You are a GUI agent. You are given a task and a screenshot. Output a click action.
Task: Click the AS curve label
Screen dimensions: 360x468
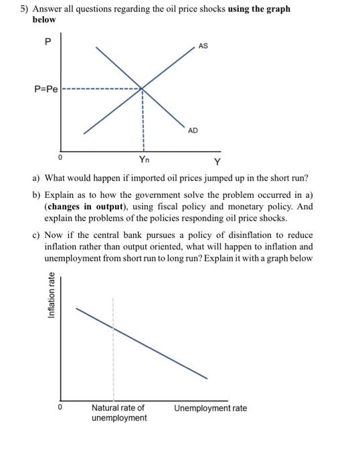pyautogui.click(x=203, y=46)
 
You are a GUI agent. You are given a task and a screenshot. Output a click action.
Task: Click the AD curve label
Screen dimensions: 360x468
pyautogui.click(x=193, y=130)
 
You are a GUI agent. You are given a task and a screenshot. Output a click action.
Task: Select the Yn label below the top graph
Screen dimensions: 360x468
pyautogui.click(x=144, y=159)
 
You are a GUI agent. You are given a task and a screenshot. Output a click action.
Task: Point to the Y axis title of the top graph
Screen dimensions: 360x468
pyautogui.click(x=216, y=162)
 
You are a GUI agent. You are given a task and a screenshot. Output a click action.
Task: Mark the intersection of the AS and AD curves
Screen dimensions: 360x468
pyautogui.click(x=142, y=88)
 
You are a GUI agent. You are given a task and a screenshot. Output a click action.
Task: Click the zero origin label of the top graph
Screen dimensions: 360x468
pyautogui.click(x=60, y=158)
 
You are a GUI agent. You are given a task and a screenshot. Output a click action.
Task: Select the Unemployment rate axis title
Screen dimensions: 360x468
pyautogui.click(x=211, y=408)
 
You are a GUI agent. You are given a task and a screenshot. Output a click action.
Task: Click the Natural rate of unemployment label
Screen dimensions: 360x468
pyautogui.click(x=119, y=413)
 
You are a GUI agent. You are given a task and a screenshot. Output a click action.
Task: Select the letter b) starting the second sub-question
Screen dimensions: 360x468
pyautogui.click(x=36, y=195)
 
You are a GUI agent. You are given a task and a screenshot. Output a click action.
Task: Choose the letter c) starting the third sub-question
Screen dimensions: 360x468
pyautogui.click(x=36, y=235)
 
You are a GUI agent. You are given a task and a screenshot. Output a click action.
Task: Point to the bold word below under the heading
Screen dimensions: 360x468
pyautogui.click(x=44, y=19)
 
